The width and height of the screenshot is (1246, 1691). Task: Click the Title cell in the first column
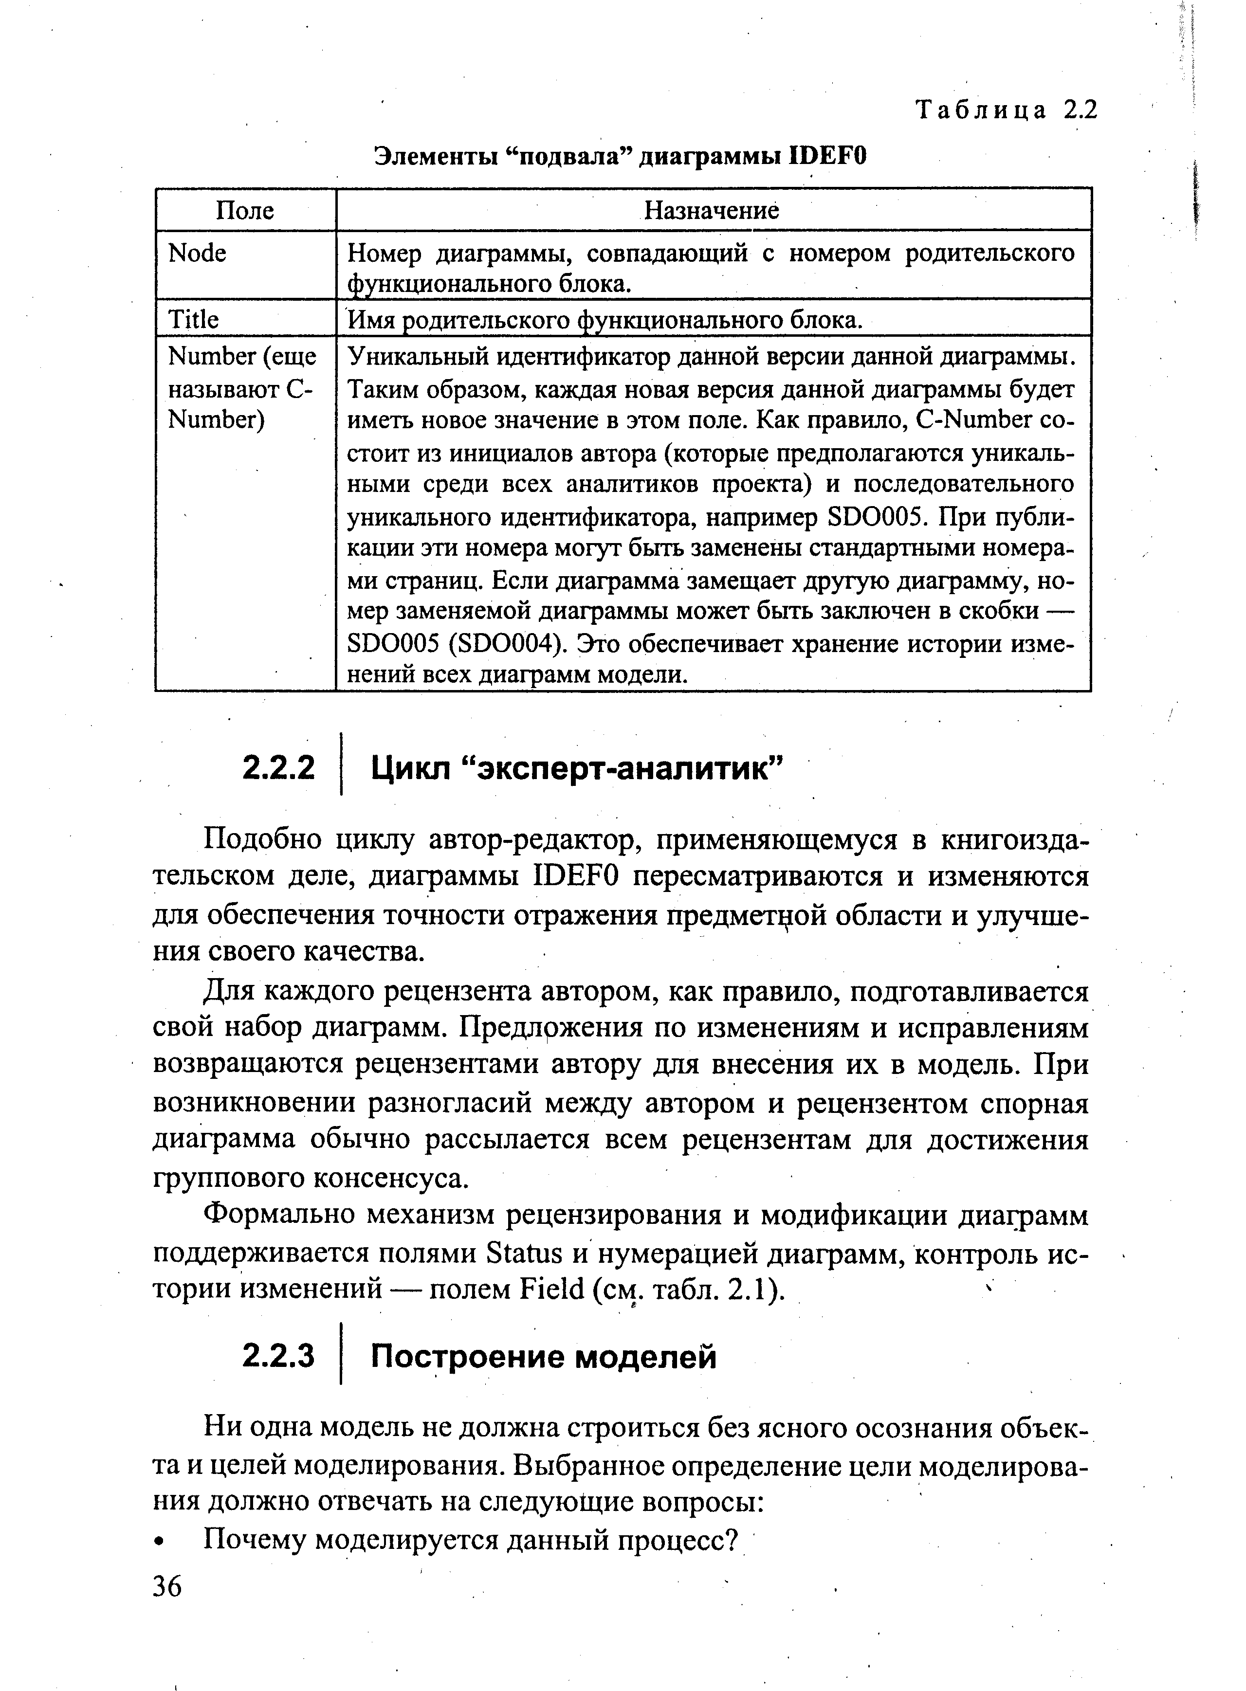pos(193,320)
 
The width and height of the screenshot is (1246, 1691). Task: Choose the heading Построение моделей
pos(543,1357)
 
